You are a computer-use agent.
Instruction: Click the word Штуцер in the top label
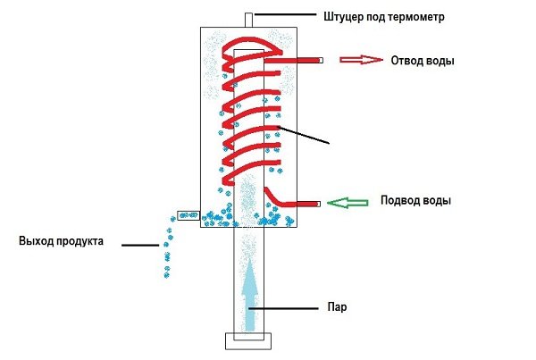(343, 17)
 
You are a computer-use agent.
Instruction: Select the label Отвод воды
(423, 61)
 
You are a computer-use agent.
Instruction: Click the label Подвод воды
(415, 200)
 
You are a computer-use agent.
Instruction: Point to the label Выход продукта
(61, 241)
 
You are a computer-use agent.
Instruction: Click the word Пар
(337, 307)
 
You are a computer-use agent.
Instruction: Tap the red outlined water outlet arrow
(361, 60)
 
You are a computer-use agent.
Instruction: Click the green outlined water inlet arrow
(348, 203)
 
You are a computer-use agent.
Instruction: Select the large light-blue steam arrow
(250, 295)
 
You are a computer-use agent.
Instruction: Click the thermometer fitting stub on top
(249, 21)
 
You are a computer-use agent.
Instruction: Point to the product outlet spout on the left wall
(188, 215)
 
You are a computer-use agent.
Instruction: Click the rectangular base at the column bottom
(248, 341)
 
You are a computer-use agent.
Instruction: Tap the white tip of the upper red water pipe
(321, 61)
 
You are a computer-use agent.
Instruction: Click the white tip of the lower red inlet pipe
(319, 204)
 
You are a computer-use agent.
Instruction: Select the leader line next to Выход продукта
(140, 245)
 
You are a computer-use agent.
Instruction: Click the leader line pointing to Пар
(283, 308)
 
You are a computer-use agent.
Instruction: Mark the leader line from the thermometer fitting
(286, 14)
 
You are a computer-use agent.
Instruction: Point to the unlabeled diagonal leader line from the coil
(303, 135)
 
